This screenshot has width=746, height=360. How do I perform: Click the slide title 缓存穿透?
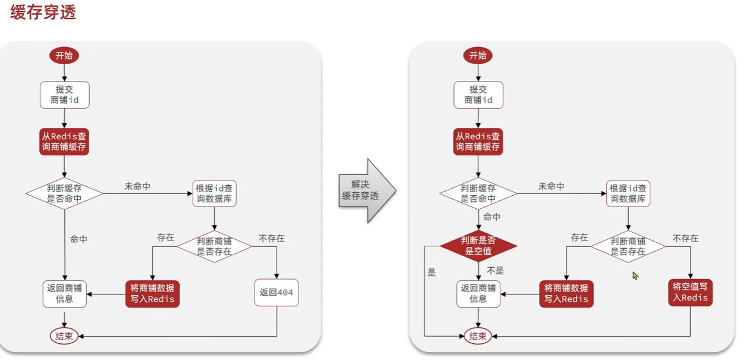(x=43, y=12)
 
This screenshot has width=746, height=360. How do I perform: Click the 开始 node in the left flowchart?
(x=64, y=56)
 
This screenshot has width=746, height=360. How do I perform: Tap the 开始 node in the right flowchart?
(x=478, y=56)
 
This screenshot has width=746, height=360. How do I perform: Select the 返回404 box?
(x=277, y=293)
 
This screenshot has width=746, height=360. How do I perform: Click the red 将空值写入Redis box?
(x=690, y=292)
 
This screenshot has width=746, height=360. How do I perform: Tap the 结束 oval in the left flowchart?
(x=64, y=336)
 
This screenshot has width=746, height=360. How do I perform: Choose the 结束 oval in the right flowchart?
(x=478, y=336)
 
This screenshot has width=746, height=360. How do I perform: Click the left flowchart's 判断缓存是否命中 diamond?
(x=64, y=193)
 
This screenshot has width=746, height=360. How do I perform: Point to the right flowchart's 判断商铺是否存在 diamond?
(x=628, y=246)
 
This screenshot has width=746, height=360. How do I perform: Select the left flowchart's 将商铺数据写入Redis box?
(x=152, y=293)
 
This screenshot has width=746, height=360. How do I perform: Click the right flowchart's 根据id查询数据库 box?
(x=628, y=194)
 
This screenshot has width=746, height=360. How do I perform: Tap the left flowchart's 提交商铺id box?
(x=64, y=95)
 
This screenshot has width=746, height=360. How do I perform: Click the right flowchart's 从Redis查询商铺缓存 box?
(x=478, y=142)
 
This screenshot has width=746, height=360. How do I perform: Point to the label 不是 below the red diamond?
(x=495, y=271)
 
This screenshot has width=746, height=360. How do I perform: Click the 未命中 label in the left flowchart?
(x=137, y=187)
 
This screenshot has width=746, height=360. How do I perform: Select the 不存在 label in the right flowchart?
(x=685, y=238)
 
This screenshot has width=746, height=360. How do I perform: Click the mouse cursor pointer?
(x=635, y=276)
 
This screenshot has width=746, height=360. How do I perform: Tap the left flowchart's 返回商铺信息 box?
(x=64, y=293)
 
